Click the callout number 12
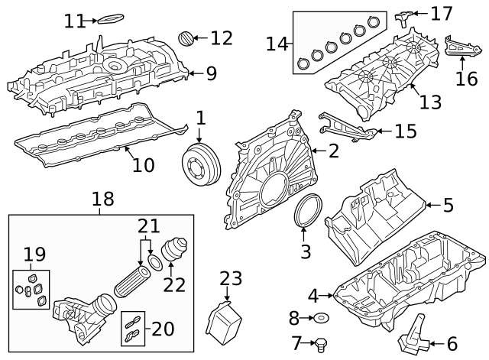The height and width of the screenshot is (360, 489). click(221, 37)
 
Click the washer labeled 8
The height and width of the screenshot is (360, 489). click(322, 317)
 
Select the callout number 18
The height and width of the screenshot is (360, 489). click(102, 200)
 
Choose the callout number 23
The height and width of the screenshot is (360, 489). click(230, 280)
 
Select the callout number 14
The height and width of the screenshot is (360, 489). click(276, 44)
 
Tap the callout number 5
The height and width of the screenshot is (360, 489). click(448, 205)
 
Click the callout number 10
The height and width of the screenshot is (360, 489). click(144, 164)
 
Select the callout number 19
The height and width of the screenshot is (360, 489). click(34, 255)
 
